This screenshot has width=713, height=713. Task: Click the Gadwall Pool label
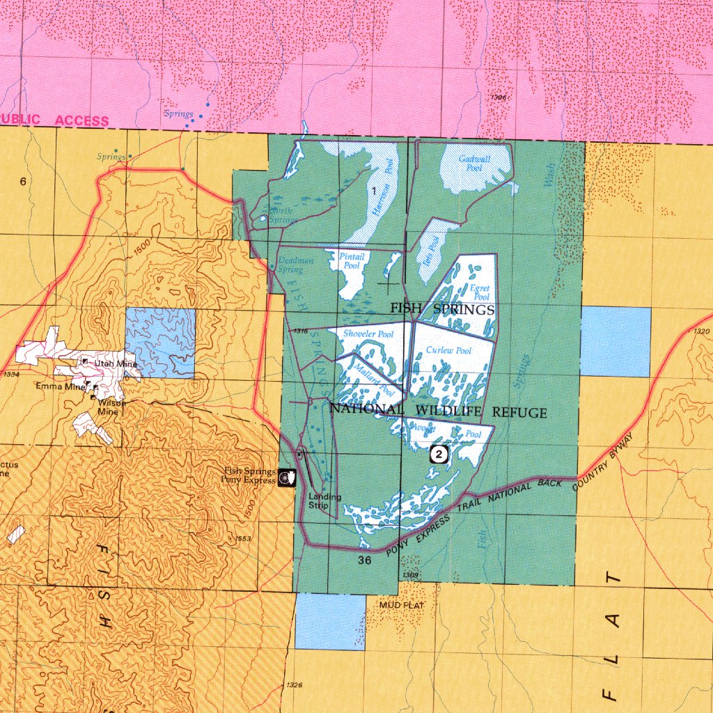click(474, 164)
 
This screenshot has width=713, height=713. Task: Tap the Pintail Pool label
click(352, 261)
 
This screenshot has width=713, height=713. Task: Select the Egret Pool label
click(480, 292)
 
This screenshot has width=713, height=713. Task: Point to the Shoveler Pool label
click(368, 334)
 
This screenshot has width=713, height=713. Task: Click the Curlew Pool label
click(448, 350)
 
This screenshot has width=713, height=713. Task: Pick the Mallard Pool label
click(374, 381)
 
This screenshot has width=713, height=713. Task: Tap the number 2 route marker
click(438, 454)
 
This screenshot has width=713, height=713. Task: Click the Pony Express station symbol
click(286, 478)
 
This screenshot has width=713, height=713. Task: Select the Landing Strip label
click(324, 501)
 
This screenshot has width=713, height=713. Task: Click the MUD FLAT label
click(401, 606)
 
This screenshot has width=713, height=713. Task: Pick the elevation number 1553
click(243, 539)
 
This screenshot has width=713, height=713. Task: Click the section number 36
click(366, 560)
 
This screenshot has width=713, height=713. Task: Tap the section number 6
click(23, 182)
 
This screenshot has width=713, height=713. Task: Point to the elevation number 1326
click(293, 686)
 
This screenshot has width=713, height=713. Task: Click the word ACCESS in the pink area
click(82, 120)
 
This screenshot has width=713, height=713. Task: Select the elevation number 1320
click(701, 331)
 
